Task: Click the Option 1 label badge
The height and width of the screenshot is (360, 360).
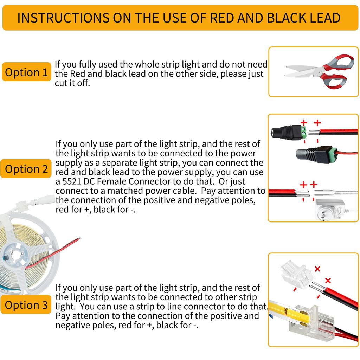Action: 26,72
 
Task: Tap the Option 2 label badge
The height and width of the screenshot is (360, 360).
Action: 26,169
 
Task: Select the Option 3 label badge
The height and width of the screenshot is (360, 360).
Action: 26,305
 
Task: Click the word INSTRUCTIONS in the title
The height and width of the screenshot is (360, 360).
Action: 62,18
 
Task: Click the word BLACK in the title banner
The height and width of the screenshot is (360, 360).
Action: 274,18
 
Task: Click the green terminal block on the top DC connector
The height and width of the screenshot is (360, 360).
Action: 303,133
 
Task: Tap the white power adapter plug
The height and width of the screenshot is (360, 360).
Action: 327,209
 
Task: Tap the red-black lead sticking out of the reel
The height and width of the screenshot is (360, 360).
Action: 53,253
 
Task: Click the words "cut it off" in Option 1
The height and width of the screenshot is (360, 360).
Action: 72,84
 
